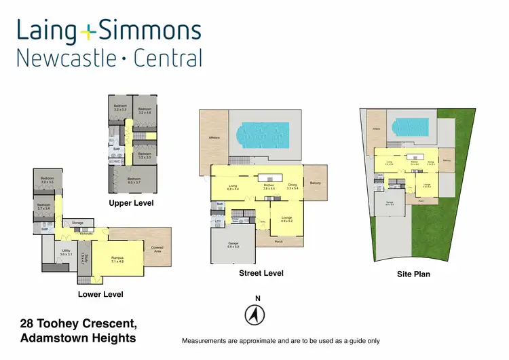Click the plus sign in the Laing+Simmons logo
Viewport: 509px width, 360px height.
tap(88, 32)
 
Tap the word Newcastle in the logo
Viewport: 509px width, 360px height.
tap(65, 58)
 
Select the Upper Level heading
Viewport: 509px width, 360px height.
tap(132, 203)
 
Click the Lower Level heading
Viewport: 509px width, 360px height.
tap(101, 294)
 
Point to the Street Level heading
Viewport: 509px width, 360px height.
tap(261, 273)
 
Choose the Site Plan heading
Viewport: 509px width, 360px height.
tap(413, 274)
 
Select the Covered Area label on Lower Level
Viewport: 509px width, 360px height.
tap(157, 249)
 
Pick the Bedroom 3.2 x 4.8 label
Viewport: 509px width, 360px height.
tap(145, 110)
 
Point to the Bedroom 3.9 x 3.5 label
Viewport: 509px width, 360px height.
tap(46, 181)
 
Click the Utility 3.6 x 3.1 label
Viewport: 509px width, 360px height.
tap(66, 253)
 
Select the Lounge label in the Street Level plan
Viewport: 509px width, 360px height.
tap(286, 219)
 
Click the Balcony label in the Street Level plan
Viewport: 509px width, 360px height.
tap(315, 183)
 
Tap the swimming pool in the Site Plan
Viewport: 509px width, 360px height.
tap(412, 126)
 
